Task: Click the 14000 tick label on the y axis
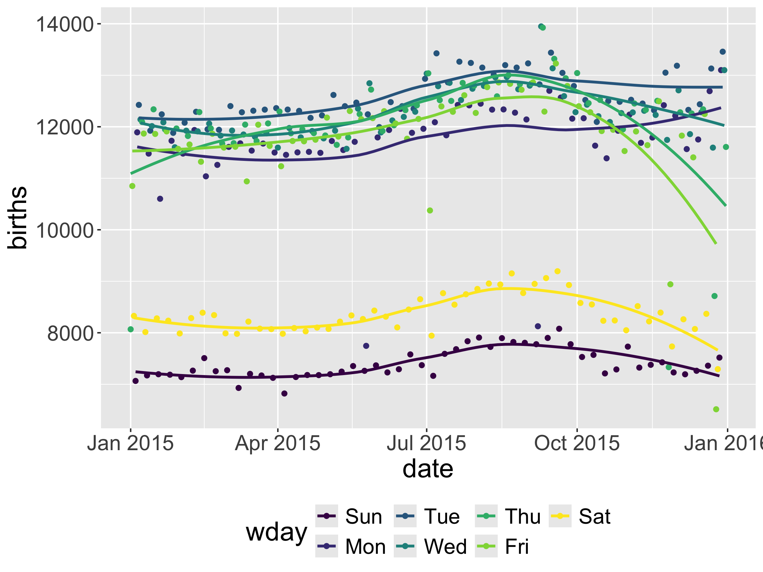click(x=65, y=24)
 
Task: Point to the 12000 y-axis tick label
click(x=65, y=127)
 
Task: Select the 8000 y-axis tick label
click(x=70, y=333)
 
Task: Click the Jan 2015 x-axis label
click(x=130, y=443)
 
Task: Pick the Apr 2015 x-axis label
click(x=278, y=443)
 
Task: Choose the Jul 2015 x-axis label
click(x=426, y=443)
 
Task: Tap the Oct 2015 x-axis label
click(x=577, y=443)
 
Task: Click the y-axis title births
click(x=17, y=217)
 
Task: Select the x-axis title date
click(x=428, y=469)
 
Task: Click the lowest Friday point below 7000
click(x=716, y=409)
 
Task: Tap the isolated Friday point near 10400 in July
click(x=430, y=210)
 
